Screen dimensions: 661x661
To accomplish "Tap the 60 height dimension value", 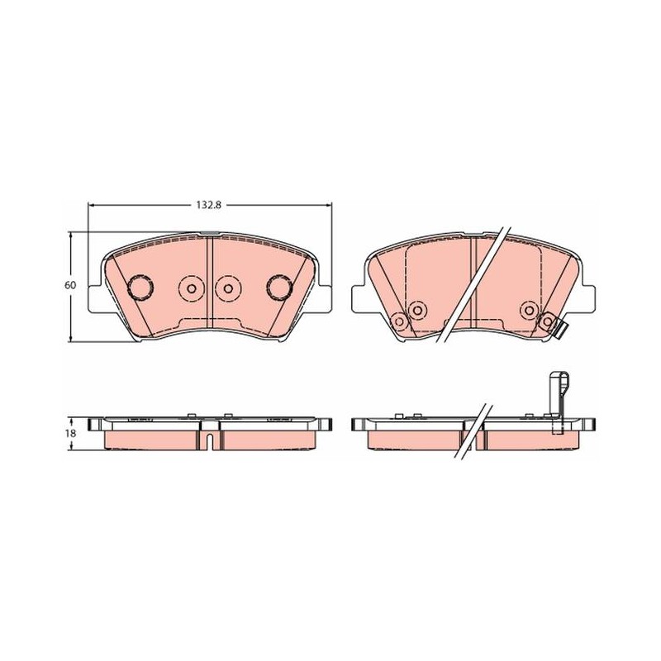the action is [x=70, y=285].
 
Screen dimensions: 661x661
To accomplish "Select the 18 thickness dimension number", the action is [x=71, y=433].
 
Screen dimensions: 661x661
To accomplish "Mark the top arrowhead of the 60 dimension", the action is [x=71, y=235].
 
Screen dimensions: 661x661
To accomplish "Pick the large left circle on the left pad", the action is [x=140, y=287].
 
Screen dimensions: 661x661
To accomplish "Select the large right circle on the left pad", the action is [x=280, y=287].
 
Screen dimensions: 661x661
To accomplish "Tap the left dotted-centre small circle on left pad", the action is [x=192, y=288].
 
